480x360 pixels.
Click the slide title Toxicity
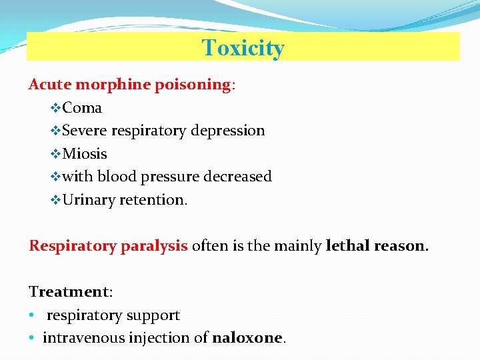coord(243,48)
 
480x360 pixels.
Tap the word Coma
coord(82,108)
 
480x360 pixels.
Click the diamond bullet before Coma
coord(56,108)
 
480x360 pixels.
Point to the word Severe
coord(85,131)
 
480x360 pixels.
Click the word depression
coord(228,131)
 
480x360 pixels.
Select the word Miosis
coord(85,154)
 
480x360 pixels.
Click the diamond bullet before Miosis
coord(56,154)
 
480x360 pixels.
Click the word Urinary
coord(89,200)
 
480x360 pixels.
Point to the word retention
coord(153,200)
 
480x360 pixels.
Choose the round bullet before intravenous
coord(32,338)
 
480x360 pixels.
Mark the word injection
coord(159,338)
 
